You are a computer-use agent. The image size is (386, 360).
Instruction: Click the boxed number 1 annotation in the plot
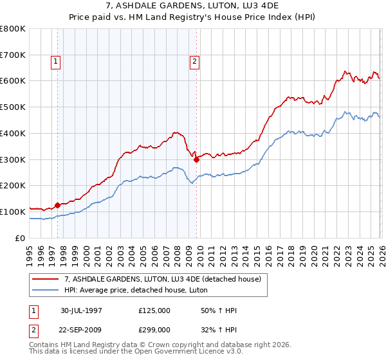click(x=56, y=62)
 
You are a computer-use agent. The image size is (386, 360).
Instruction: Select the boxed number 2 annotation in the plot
click(x=194, y=62)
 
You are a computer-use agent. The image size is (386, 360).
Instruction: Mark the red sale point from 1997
click(x=57, y=205)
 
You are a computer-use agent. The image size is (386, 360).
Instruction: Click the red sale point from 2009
click(x=196, y=160)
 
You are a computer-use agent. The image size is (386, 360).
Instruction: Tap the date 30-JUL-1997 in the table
click(x=81, y=310)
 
